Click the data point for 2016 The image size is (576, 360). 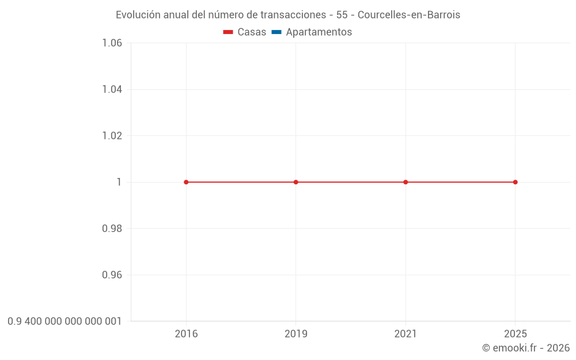[x=186, y=182]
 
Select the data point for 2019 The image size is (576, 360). [x=296, y=182]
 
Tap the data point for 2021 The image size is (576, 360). [x=406, y=182]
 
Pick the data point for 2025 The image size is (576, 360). [x=515, y=182]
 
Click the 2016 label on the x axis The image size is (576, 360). [x=186, y=334]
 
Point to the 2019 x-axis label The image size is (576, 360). [x=296, y=334]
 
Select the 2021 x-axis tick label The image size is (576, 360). [x=406, y=334]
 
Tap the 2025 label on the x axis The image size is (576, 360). [x=515, y=334]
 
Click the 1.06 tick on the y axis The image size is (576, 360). [x=112, y=43]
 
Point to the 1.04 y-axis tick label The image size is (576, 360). [x=112, y=89]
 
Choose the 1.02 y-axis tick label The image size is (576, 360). [x=112, y=136]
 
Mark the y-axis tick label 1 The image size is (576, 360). [x=119, y=182]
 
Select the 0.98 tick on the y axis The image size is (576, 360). [x=112, y=229]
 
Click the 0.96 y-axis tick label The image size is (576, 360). [x=112, y=275]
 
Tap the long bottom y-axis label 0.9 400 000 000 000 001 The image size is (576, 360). [x=65, y=321]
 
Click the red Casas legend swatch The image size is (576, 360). [x=228, y=32]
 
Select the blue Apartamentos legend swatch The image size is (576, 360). [x=276, y=32]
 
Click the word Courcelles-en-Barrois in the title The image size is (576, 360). [x=409, y=15]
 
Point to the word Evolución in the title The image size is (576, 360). [x=138, y=15]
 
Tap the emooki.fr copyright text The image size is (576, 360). [x=526, y=348]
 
